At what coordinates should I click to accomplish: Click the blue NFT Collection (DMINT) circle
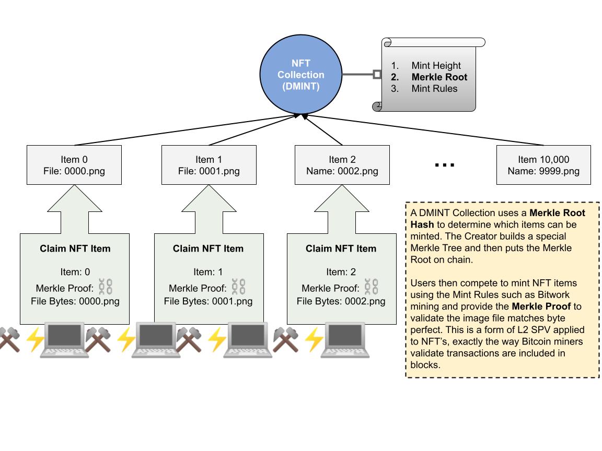(301, 75)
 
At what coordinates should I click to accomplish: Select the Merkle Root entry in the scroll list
(439, 77)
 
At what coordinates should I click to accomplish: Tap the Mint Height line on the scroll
(436, 66)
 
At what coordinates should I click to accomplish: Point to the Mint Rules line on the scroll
(434, 89)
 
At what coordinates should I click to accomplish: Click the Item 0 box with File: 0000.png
(74, 165)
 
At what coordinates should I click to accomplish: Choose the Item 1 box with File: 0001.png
(209, 165)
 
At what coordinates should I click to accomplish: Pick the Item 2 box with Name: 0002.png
(342, 165)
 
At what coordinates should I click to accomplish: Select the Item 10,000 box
(543, 165)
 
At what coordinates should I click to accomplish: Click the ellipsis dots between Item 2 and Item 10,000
(445, 165)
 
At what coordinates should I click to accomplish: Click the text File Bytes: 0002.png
(341, 301)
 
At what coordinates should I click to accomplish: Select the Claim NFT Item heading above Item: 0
(75, 248)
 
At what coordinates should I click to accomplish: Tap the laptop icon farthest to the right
(344, 339)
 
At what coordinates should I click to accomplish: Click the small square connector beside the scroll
(377, 75)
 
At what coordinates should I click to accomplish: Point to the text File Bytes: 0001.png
(208, 301)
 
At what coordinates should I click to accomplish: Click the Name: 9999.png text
(543, 171)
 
